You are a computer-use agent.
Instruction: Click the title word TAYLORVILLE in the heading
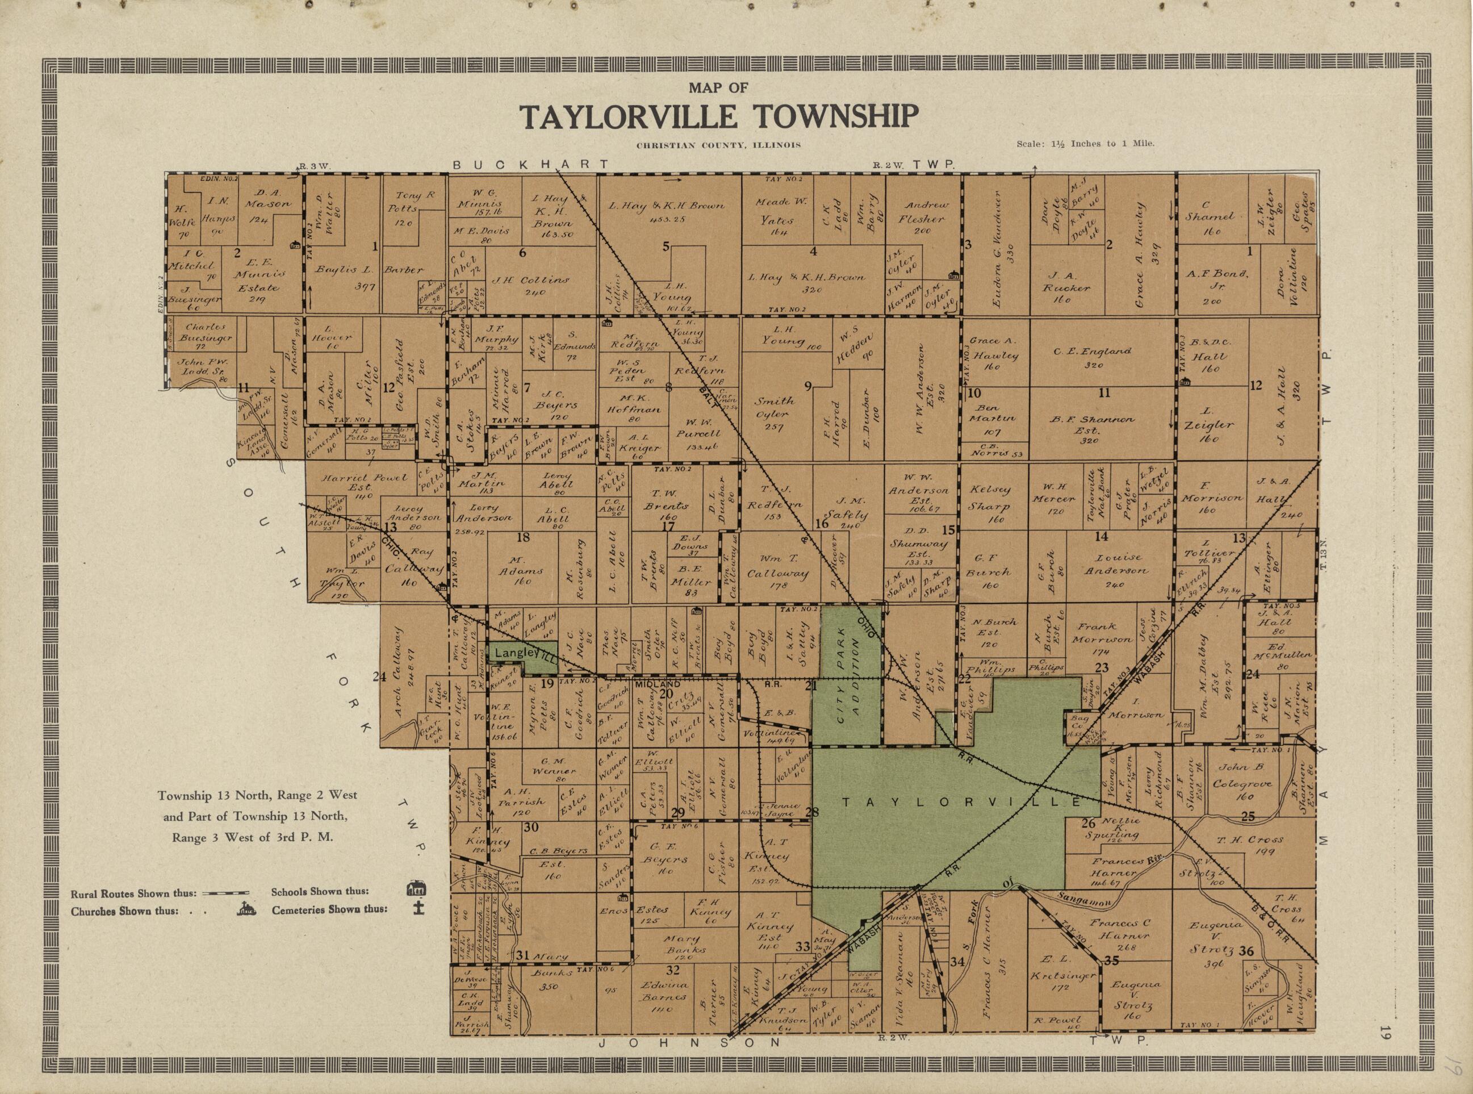pos(627,116)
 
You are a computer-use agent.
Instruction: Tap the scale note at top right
pos(1085,143)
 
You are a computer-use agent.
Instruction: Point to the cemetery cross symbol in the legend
pos(416,908)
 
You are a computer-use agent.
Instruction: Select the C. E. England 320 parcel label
pos(1102,357)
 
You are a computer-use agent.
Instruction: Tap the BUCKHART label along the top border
pos(530,164)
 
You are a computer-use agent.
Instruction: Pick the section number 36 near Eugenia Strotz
pos(1246,951)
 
